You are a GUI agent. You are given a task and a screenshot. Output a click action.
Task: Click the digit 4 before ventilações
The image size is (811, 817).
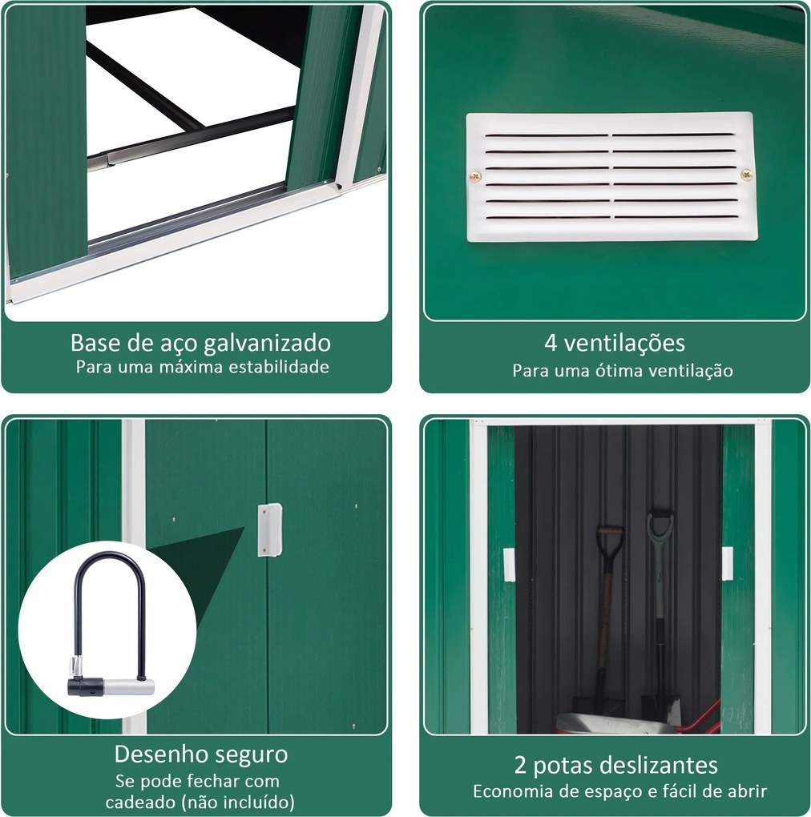pos(551,343)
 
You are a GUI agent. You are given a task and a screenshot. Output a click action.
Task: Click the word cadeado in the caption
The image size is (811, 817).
pos(141,801)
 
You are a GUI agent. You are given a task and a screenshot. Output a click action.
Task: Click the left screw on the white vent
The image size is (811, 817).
pos(475,177)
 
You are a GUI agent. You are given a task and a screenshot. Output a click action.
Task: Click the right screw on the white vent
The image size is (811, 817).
pos(746,174)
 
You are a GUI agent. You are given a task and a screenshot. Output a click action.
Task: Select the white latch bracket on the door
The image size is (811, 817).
pos(269,529)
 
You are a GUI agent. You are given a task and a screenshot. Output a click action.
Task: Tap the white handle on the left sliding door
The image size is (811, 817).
pos(509,565)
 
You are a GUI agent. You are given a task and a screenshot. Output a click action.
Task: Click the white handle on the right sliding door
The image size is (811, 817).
pos(727,563)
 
